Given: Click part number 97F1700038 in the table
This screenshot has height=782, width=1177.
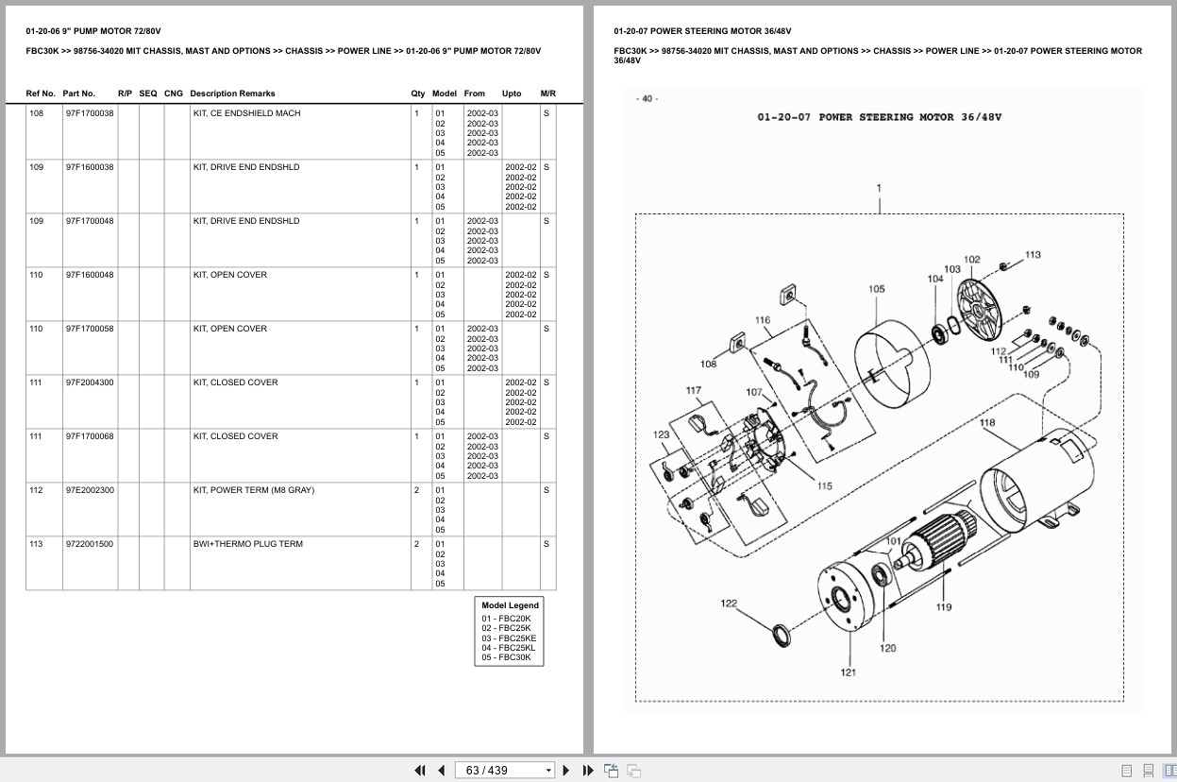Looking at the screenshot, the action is click(x=90, y=113).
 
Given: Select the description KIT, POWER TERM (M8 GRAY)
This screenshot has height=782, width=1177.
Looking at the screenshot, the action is click(x=254, y=490).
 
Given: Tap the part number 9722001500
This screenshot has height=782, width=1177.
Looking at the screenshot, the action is click(x=90, y=544).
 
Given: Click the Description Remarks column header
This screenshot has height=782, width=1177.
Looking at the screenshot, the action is click(x=232, y=93).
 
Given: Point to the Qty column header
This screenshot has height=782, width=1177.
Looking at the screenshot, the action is click(x=418, y=93).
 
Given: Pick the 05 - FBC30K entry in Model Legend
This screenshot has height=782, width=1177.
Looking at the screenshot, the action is click(x=506, y=657).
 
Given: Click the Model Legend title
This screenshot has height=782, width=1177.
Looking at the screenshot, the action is click(x=510, y=605).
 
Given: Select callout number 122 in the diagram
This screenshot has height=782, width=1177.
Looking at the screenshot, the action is click(x=729, y=603).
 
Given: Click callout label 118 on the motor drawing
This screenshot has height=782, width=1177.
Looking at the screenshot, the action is click(x=986, y=422).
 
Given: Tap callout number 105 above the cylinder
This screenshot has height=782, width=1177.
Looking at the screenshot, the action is click(x=877, y=289).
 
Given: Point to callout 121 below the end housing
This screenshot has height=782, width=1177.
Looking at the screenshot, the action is click(x=849, y=672).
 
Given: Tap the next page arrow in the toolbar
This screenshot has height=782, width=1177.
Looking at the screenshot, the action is click(x=566, y=771).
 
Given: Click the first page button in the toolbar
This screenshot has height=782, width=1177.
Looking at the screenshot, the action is click(x=420, y=771).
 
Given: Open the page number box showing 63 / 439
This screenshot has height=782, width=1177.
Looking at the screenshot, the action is click(x=504, y=771).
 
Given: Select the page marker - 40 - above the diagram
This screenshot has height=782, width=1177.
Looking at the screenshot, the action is click(x=647, y=99).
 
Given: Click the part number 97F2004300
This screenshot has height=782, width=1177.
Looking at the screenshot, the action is click(x=90, y=382).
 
